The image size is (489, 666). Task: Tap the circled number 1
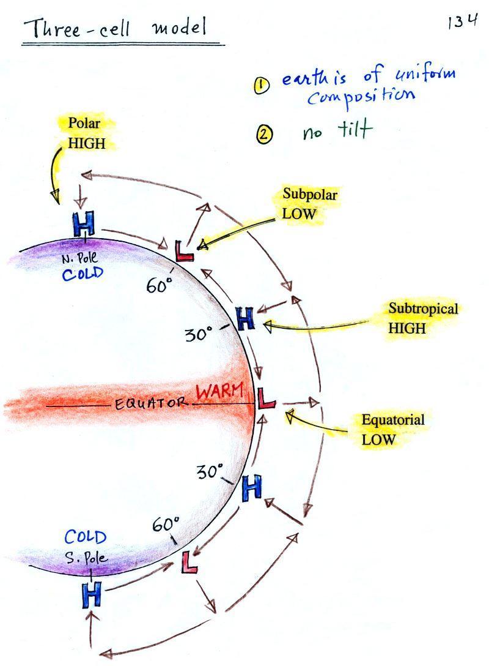[262, 86]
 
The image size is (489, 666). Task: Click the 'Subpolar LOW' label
[309, 204]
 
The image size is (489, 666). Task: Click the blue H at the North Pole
[84, 225]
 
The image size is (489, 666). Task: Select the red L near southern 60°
[190, 561]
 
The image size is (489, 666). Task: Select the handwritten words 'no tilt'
[337, 130]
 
